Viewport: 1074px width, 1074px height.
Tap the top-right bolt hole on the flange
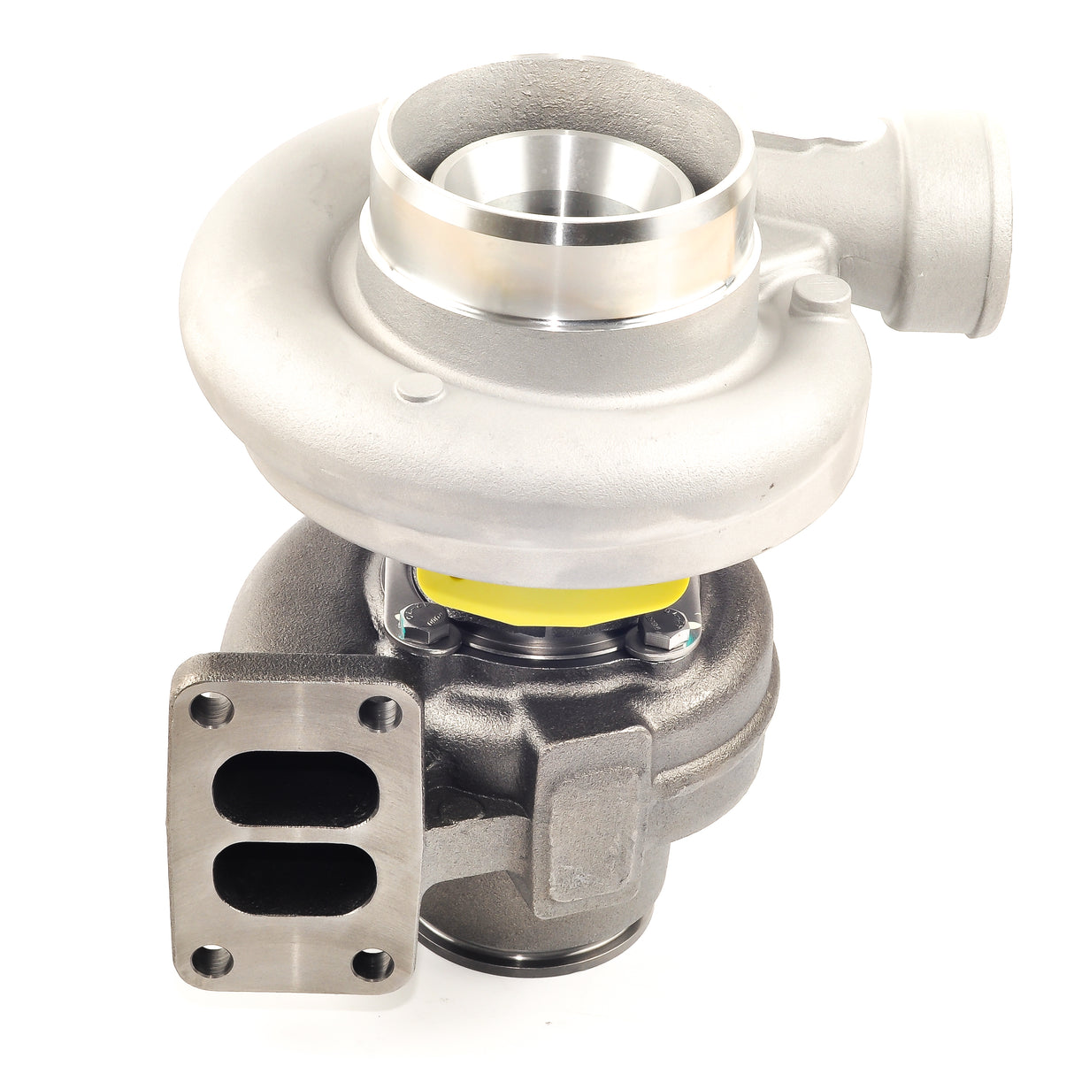pos(380,707)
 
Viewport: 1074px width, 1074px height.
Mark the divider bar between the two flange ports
pos(292,825)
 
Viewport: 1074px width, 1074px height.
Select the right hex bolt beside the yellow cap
pos(659,633)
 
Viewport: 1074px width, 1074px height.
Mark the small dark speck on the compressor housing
pos(771,486)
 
